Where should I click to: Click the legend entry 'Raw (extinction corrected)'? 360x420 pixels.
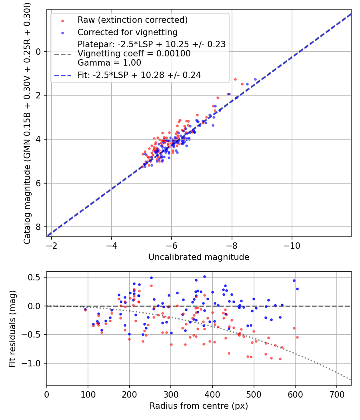pyautogui.click(x=132, y=20)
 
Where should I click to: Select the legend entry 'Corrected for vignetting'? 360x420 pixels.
pyautogui.click(x=127, y=32)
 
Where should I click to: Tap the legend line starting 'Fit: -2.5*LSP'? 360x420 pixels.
pyautogui.click(x=139, y=75)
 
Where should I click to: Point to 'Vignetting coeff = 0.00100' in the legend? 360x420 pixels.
pyautogui.click(x=134, y=54)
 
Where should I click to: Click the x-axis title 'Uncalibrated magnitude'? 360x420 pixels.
pyautogui.click(x=199, y=257)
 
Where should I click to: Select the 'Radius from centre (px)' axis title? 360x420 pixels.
pyautogui.click(x=199, y=406)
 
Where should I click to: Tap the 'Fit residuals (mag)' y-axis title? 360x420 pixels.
pyautogui.click(x=12, y=328)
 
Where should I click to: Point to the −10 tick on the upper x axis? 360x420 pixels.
pyautogui.click(x=292, y=244)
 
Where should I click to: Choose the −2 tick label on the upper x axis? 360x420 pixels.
pyautogui.click(x=51, y=244)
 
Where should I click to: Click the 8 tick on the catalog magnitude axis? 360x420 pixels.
pyautogui.click(x=39, y=227)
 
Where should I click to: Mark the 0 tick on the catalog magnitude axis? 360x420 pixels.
pyautogui.click(x=39, y=52)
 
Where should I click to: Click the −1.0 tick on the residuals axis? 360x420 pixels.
pyautogui.click(x=35, y=363)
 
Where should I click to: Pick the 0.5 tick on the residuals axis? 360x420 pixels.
pyautogui.click(x=37, y=277)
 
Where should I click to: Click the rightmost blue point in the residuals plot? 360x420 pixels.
pyautogui.click(x=297, y=289)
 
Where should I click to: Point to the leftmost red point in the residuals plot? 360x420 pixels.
pyautogui.click(x=85, y=310)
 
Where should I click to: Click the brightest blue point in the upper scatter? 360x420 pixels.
pyautogui.click(x=255, y=80)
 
